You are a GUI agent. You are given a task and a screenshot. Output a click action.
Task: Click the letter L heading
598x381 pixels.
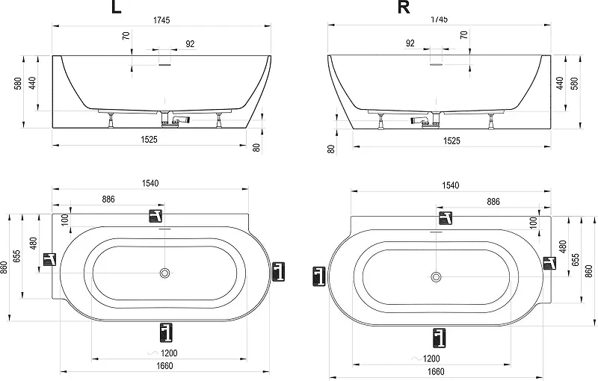116,7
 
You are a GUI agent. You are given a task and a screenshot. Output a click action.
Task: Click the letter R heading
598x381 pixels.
404,7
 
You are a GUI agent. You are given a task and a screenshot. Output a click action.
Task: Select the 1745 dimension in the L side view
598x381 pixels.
161,20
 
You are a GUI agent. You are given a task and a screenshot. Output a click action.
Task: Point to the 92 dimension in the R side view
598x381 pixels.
410,43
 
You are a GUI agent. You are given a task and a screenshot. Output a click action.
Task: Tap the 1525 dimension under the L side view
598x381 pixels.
149,140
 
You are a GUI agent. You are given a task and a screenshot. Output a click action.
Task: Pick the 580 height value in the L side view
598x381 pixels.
18,84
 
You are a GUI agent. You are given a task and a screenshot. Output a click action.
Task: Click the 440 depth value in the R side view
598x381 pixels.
559,83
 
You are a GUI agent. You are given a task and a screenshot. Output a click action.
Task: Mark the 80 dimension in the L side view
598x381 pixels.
256,148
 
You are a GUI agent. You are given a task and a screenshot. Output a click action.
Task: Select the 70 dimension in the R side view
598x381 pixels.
463,35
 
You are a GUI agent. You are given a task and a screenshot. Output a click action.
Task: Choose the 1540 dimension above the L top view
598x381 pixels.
150,183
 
